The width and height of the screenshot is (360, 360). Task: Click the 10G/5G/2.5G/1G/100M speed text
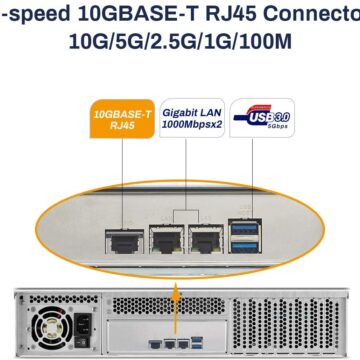[180, 43]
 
